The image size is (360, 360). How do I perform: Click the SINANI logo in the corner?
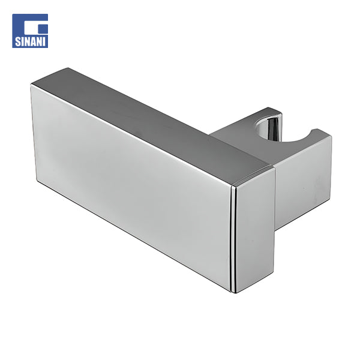pyautogui.click(x=30, y=31)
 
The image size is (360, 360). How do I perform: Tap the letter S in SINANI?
pyautogui.click(x=17, y=42)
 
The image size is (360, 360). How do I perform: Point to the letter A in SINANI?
pyautogui.click(x=35, y=42)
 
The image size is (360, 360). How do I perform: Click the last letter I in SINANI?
pyautogui.click(x=45, y=42)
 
